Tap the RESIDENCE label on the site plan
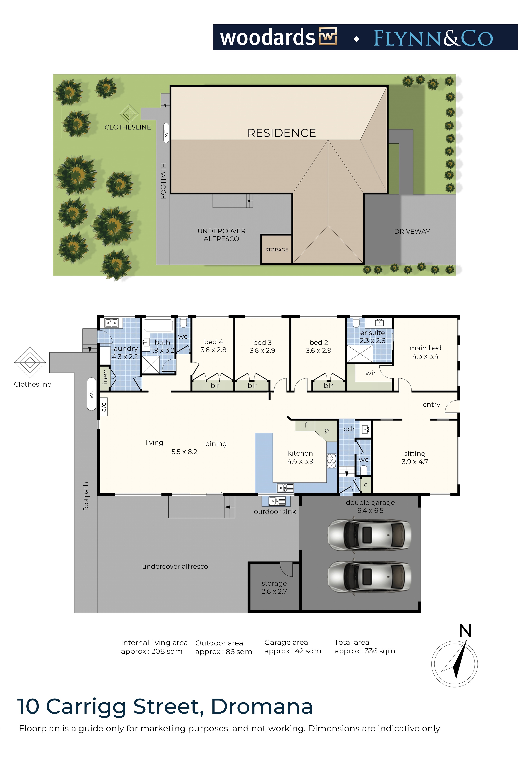point(281,133)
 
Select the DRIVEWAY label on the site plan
point(412,231)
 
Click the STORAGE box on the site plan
point(276,249)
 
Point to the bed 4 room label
point(213,342)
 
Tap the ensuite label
point(372,333)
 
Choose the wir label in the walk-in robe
point(370,373)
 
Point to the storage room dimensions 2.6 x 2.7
point(274,591)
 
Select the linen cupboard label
point(105,377)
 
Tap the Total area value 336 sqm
point(380,651)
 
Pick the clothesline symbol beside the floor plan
point(30,362)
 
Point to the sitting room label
point(415,454)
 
